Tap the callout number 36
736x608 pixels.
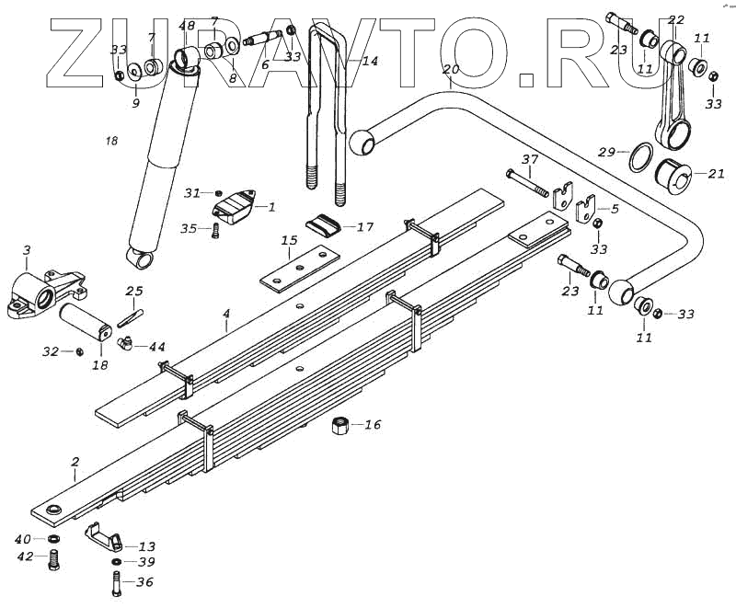(x=144, y=581)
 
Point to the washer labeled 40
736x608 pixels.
(x=53, y=539)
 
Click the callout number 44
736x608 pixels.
(x=157, y=347)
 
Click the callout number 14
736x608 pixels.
(x=369, y=62)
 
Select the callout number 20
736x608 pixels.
(x=450, y=69)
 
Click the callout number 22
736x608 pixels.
(x=676, y=19)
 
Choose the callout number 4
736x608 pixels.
(x=225, y=314)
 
